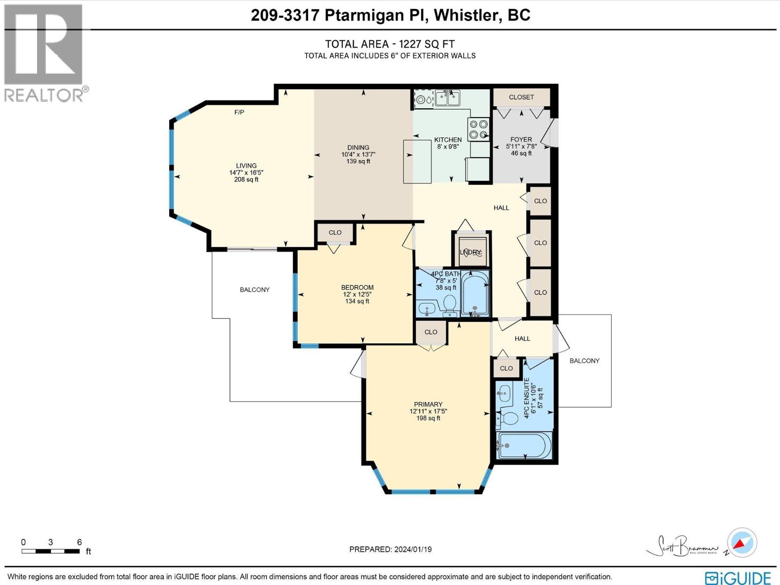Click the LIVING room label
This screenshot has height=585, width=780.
[246, 166]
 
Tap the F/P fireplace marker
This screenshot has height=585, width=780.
[239, 113]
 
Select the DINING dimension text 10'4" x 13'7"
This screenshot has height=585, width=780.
[358, 155]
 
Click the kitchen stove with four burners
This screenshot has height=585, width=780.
[478, 130]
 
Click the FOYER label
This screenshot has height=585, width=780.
[521, 139]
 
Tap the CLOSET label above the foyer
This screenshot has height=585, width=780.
[521, 97]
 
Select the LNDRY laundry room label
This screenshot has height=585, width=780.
[470, 252]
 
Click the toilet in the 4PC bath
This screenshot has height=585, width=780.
[449, 305]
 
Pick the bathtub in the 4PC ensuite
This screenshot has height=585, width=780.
[524, 445]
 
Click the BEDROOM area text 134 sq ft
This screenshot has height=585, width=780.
[357, 301]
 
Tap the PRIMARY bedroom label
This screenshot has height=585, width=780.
[428, 404]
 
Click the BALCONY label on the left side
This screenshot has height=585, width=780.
[254, 290]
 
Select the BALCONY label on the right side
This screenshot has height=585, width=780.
[584, 361]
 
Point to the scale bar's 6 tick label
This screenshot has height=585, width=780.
[79, 542]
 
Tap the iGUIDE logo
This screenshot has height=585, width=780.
[740, 577]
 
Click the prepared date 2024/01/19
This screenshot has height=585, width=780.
[412, 549]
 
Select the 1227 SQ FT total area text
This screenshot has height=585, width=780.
[427, 44]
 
